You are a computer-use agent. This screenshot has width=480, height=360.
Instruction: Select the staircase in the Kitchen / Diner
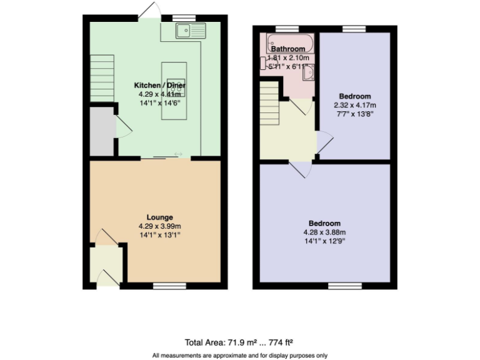click(102, 77)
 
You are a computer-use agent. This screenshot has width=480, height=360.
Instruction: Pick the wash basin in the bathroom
click(308, 73)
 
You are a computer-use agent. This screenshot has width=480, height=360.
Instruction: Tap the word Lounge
click(160, 217)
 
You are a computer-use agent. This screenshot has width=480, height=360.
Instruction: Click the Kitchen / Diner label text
click(160, 85)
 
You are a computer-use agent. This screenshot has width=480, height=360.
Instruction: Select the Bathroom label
click(287, 49)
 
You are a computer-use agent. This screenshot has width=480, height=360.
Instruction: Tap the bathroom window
click(287, 29)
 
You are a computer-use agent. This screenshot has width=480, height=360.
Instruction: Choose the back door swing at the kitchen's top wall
click(150, 11)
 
